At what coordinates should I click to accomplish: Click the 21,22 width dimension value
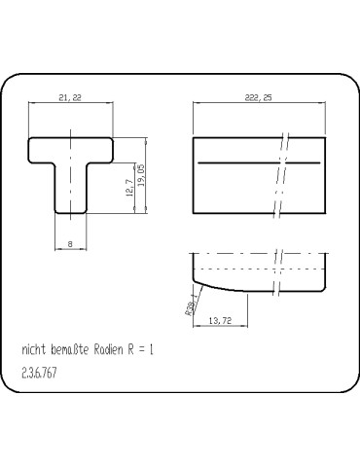pos(69,98)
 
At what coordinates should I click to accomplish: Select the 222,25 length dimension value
pos(259,98)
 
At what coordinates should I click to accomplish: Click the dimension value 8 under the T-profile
pos(70,244)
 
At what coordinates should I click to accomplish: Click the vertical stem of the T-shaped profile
pos(71,190)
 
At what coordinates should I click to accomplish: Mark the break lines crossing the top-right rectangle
pos(281,175)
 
